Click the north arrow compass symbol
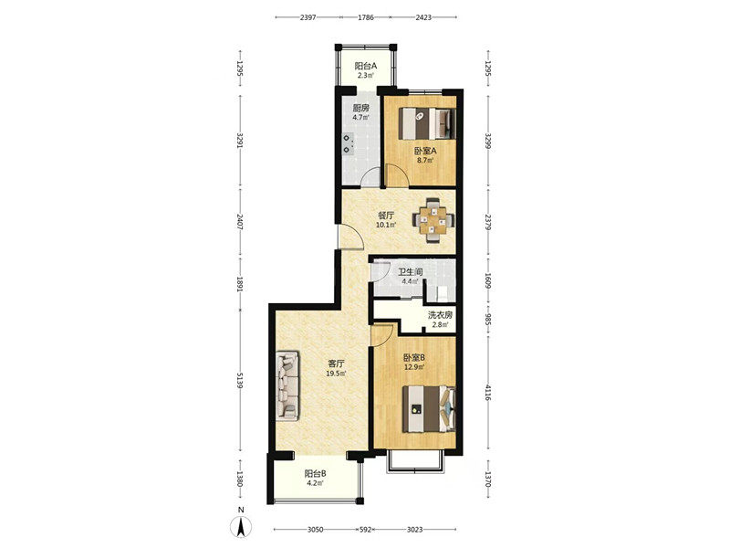(x=241, y=527)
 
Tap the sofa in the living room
(x=287, y=385)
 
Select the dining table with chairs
(x=434, y=220)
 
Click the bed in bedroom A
(x=427, y=123)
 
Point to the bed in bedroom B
(x=429, y=409)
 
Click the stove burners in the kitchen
(x=348, y=144)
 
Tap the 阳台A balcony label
(x=366, y=66)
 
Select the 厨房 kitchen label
(x=360, y=108)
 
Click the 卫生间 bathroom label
(x=410, y=271)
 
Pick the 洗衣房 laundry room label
(x=440, y=315)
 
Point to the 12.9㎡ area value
(x=414, y=367)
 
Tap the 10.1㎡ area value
(x=386, y=225)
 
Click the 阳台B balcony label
(x=315, y=474)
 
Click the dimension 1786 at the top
(x=366, y=17)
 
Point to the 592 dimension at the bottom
(x=367, y=530)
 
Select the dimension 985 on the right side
(x=487, y=319)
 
